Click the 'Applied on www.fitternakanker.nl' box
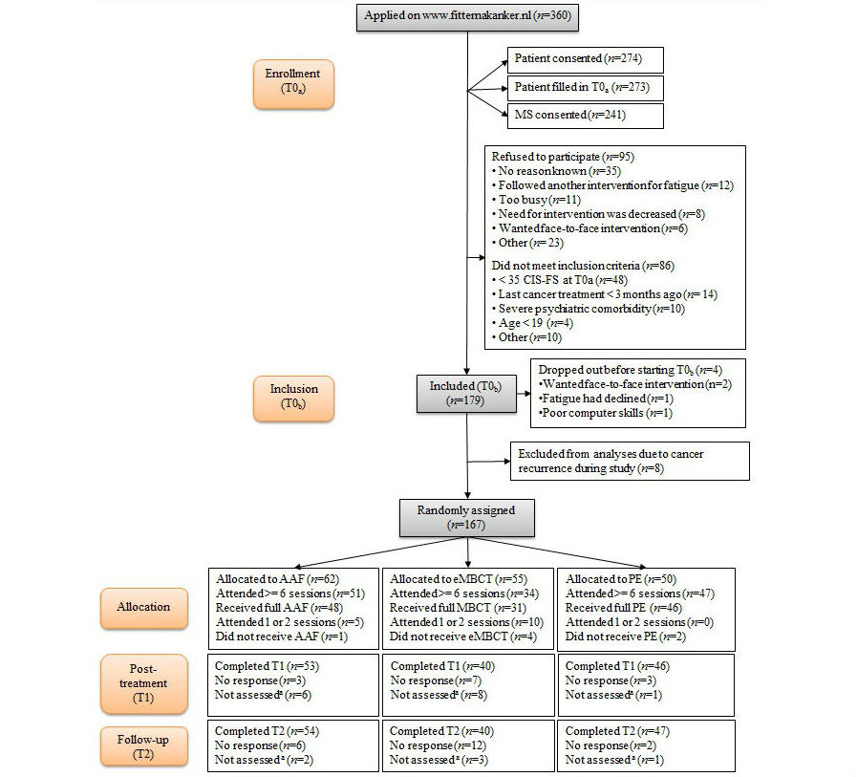click(x=467, y=16)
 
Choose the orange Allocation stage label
click(x=143, y=607)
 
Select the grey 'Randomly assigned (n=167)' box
click(x=466, y=517)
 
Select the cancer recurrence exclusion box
click(x=630, y=461)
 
